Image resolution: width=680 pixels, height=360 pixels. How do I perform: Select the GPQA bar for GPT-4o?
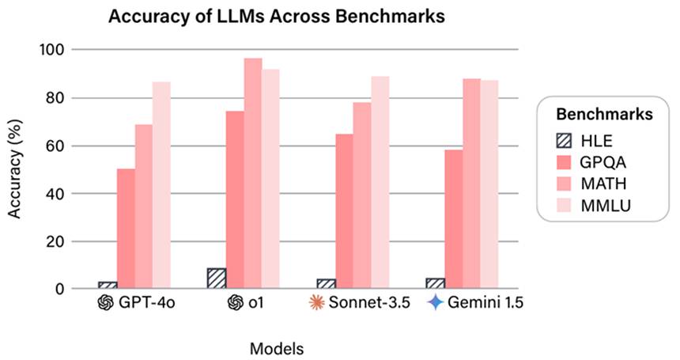(126, 229)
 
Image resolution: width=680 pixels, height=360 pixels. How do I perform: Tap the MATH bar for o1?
(252, 173)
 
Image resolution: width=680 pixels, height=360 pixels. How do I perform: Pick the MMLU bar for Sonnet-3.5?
(380, 183)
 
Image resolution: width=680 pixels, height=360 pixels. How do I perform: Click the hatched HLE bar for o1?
(217, 279)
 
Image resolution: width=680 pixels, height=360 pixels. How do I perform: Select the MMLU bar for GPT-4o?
(161, 185)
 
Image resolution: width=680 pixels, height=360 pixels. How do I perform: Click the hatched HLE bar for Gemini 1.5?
(436, 283)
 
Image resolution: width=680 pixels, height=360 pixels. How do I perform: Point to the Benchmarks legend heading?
(604, 114)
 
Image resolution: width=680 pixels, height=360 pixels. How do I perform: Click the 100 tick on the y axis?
(52, 50)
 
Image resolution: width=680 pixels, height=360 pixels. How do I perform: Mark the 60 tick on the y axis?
(55, 146)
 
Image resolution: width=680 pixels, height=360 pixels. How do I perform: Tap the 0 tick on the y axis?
(59, 290)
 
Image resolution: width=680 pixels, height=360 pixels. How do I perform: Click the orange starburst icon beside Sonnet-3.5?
(315, 302)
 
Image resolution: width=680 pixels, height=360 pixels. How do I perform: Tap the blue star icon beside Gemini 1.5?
(434, 302)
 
